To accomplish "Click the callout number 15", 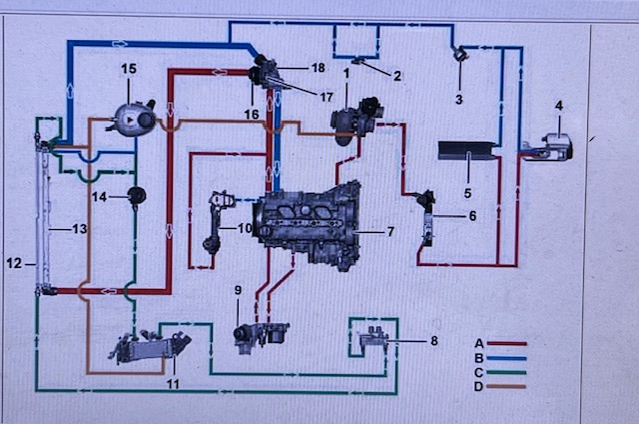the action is coord(129,69).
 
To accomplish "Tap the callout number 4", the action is coord(559,105).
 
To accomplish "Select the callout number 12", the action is coord(14,263).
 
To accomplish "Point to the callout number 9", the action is coord(238,290).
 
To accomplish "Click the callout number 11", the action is coord(173,384).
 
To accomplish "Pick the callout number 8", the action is coord(434,340).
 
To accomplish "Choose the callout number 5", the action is coord(468,193).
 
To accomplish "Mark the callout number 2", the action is coord(397,75).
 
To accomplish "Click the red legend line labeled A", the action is coord(507,344).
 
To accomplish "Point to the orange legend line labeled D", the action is coord(506,386).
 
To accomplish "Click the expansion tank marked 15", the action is coord(132,118).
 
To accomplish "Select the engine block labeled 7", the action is coord(308,225).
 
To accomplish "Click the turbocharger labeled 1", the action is coord(356,120).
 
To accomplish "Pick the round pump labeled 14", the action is coord(137,196).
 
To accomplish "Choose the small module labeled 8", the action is coord(372,337).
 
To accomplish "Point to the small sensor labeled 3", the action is coord(461,53).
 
